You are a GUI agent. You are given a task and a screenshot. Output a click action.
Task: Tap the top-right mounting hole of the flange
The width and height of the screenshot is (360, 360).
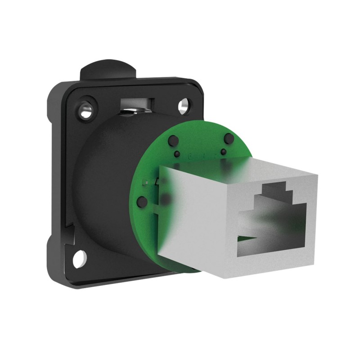coord(183,107)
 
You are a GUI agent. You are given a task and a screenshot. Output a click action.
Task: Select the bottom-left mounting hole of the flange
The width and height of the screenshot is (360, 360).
coord(80,258)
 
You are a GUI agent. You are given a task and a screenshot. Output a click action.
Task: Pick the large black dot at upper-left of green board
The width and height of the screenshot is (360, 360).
coord(171,142)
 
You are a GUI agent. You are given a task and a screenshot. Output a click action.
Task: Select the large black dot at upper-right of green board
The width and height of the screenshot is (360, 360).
coord(228,138)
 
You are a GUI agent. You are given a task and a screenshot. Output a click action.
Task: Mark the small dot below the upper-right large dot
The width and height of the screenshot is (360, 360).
coord(224,152)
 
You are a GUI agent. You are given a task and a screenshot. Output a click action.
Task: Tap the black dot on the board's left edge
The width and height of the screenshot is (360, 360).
coord(142,201)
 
